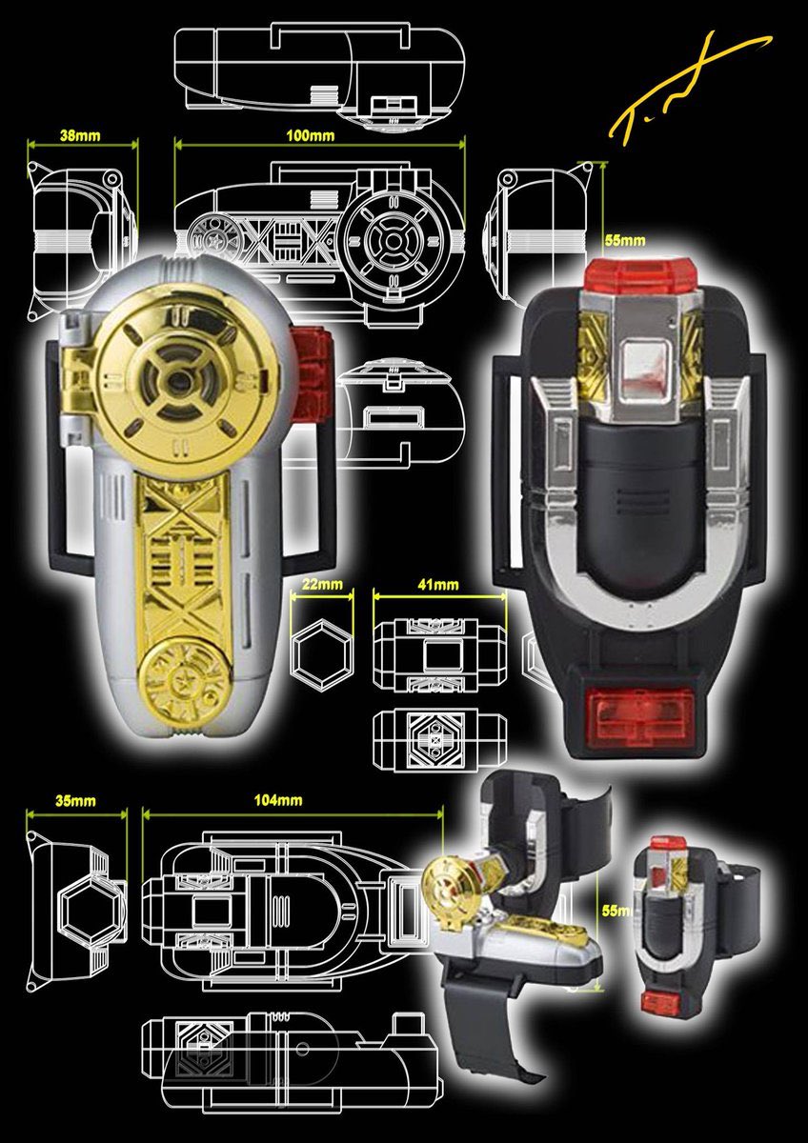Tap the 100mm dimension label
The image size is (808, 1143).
311,135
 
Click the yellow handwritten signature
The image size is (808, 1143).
681,90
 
